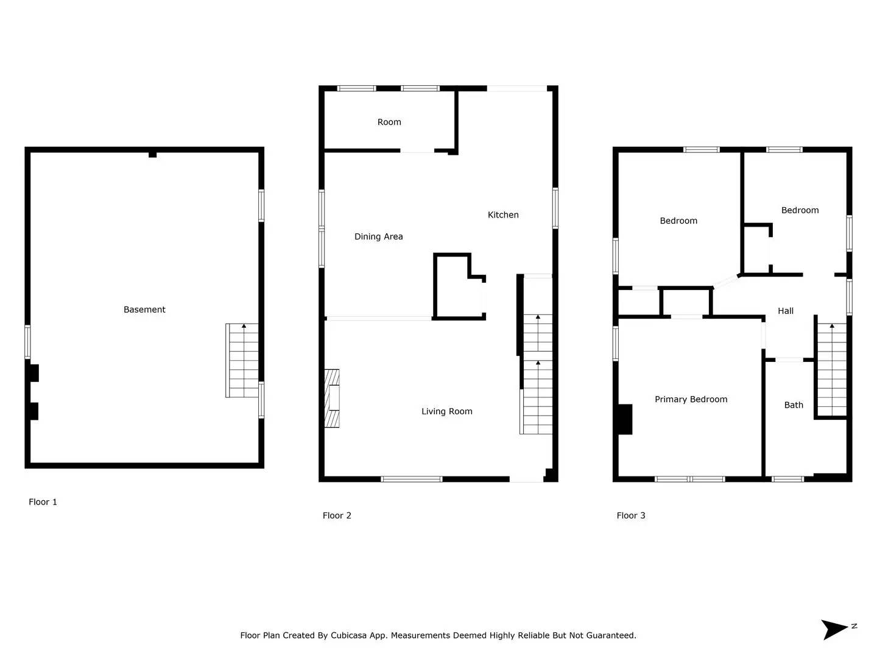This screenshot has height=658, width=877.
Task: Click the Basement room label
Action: (x=144, y=310)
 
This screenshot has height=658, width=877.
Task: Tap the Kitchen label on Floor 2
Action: (x=503, y=214)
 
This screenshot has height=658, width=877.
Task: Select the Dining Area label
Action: (x=378, y=236)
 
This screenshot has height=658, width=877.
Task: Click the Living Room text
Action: (x=446, y=411)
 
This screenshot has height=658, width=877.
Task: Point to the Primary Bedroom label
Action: (x=691, y=399)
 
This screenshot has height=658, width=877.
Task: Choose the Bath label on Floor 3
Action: (x=793, y=405)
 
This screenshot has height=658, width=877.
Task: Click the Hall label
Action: (x=785, y=311)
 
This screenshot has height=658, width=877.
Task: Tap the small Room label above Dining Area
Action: (x=389, y=122)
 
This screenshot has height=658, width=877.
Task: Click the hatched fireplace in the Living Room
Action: (x=332, y=398)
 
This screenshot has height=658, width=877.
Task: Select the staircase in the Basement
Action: (x=242, y=361)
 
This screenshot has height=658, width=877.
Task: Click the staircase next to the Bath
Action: (x=831, y=370)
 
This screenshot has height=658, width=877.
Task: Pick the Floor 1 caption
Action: (x=43, y=502)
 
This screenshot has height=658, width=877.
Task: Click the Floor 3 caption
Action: (x=630, y=515)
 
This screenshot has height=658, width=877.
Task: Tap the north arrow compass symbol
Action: (x=836, y=629)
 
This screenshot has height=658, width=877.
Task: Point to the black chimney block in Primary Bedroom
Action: (x=625, y=419)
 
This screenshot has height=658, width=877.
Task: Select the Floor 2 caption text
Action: (x=337, y=515)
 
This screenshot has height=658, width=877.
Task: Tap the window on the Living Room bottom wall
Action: (x=412, y=479)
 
